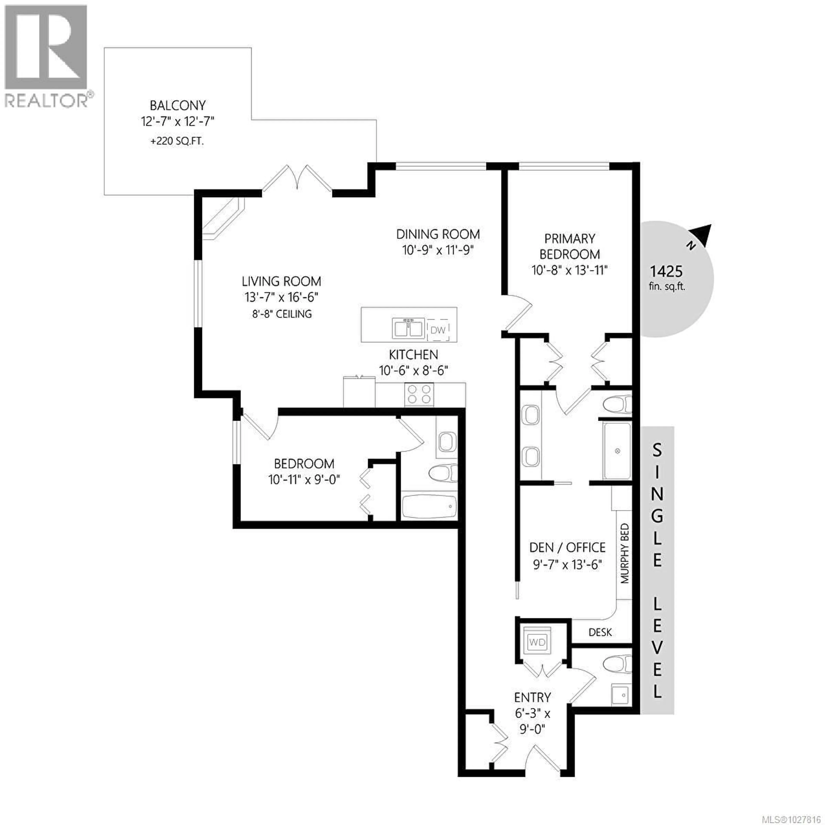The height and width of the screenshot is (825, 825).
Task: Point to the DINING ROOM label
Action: click(x=438, y=234)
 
